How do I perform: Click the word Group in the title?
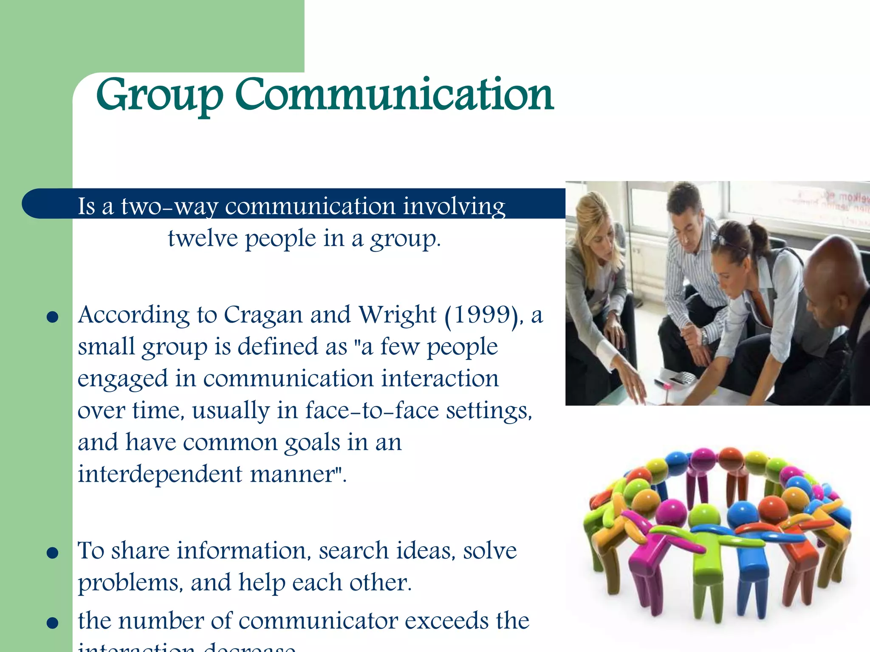click(159, 96)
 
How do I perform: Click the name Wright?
click(397, 315)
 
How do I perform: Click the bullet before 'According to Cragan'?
click(52, 318)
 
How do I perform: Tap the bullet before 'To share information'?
click(52, 553)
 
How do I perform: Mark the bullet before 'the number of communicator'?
click(52, 623)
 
